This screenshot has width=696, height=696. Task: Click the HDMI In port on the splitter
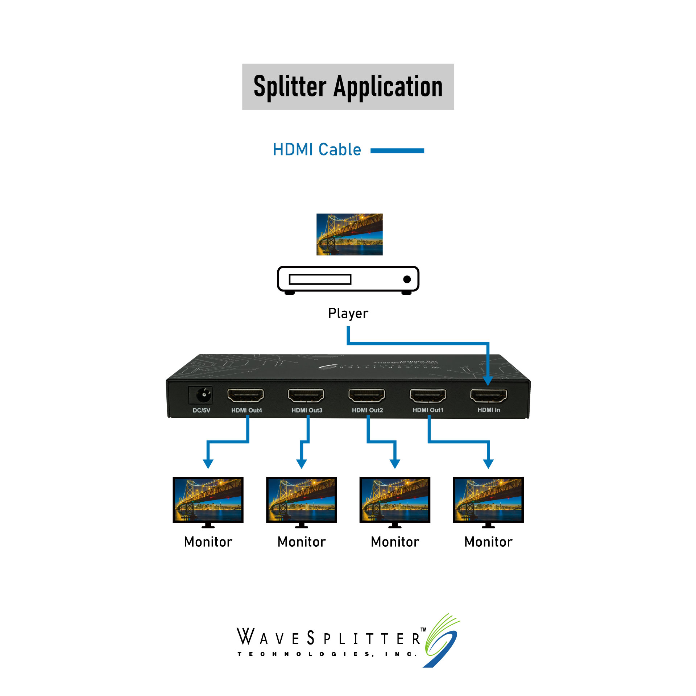pyautogui.click(x=488, y=395)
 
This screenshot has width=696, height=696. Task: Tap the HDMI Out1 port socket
pyautogui.click(x=428, y=395)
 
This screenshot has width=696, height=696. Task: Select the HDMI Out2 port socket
pyautogui.click(x=367, y=395)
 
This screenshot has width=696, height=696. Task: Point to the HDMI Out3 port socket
pyautogui.click(x=306, y=395)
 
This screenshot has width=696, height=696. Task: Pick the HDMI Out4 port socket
pyautogui.click(x=245, y=395)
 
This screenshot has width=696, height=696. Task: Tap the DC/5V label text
pyautogui.click(x=201, y=410)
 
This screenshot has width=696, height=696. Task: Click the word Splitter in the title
pyautogui.click(x=290, y=87)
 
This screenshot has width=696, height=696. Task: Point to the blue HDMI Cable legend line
pyautogui.click(x=397, y=151)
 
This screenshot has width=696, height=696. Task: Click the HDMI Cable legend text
pyautogui.click(x=317, y=150)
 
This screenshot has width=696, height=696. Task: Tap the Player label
pyautogui.click(x=348, y=313)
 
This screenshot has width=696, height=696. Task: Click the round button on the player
pyautogui.click(x=407, y=279)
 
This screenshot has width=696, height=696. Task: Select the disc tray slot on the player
pyautogui.click(x=320, y=279)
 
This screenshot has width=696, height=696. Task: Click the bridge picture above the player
pyautogui.click(x=349, y=234)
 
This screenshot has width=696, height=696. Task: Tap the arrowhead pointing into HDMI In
pyautogui.click(x=488, y=381)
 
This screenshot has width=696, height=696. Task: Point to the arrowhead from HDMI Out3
pyautogui.click(x=302, y=464)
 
